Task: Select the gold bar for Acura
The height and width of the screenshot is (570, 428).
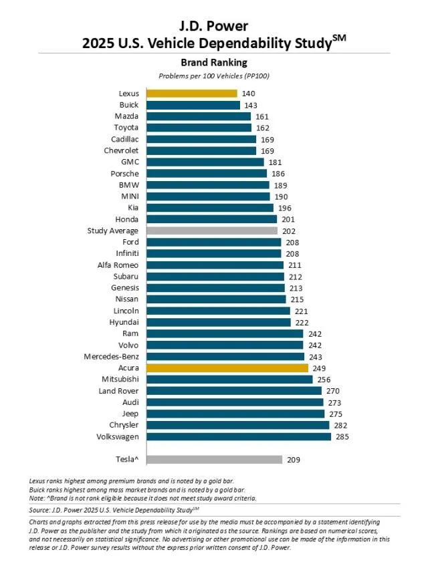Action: tap(227, 368)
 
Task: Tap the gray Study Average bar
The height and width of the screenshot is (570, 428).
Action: tap(211, 231)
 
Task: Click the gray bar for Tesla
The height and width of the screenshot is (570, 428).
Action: tap(213, 460)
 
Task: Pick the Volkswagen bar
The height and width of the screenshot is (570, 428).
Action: tap(238, 436)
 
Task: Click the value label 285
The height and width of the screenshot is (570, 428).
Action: tap(343, 436)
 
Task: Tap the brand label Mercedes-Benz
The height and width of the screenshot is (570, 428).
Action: tap(112, 356)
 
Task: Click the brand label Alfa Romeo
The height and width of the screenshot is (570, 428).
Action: tap(118, 265)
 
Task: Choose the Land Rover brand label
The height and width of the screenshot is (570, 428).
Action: tap(118, 390)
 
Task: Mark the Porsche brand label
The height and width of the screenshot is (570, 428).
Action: tap(124, 174)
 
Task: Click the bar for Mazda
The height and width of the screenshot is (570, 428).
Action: tap(198, 116)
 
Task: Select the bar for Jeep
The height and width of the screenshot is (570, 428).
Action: tap(235, 414)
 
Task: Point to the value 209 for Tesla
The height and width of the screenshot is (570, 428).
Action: tap(295, 460)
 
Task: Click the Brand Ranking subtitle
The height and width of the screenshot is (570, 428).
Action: tap(213, 63)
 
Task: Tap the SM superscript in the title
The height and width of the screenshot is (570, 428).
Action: tap(340, 39)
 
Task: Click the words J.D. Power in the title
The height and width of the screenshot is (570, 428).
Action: tap(213, 27)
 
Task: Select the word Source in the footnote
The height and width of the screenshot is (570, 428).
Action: tap(40, 509)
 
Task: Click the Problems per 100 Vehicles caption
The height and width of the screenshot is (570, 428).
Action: tap(213, 76)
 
